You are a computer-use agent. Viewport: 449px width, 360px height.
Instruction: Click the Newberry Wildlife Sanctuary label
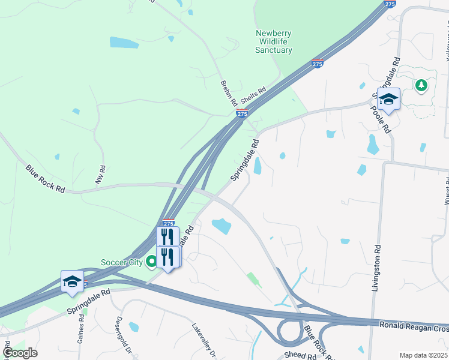click(x=274, y=41)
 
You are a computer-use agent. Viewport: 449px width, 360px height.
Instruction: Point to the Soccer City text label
click(x=122, y=262)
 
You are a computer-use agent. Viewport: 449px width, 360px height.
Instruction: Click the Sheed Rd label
click(x=300, y=356)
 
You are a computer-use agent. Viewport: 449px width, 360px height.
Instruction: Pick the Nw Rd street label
click(x=100, y=174)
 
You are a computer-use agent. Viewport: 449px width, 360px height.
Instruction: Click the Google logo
click(x=20, y=353)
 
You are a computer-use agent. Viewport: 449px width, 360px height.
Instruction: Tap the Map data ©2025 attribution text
click(x=424, y=355)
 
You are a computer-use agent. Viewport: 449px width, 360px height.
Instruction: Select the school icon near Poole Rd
click(x=388, y=100)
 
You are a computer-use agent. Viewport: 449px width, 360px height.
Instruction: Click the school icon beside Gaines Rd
click(x=72, y=281)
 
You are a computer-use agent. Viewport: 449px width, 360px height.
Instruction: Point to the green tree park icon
click(x=422, y=85)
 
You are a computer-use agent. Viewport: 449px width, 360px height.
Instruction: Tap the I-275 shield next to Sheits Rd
click(x=241, y=114)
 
